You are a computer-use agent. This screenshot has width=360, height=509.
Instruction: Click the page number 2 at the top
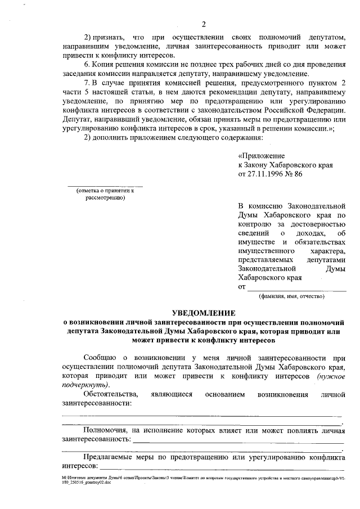(x=204, y=24)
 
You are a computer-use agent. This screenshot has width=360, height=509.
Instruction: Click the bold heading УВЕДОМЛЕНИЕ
(x=204, y=313)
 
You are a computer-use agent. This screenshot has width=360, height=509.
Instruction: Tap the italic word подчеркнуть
(x=83, y=385)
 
